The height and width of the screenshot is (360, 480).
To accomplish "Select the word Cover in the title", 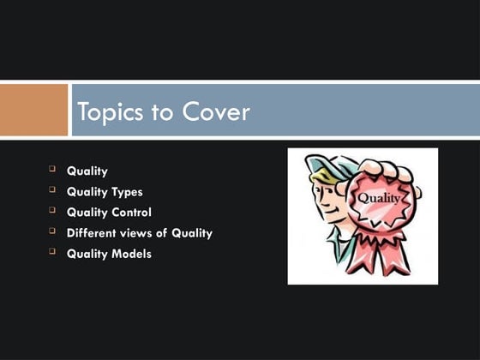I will pyautogui.click(x=217, y=112).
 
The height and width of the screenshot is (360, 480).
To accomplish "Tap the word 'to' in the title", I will pyautogui.click(x=164, y=113).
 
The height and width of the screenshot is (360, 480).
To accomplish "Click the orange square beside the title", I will pyautogui.click(x=33, y=109).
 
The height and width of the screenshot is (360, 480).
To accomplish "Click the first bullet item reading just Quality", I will pyautogui.click(x=87, y=171).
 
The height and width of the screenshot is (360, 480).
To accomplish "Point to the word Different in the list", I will pyautogui.click(x=95, y=233).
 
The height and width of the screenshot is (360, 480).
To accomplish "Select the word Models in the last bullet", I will pyautogui.click(x=130, y=254).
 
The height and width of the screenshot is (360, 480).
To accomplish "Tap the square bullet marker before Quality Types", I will pyautogui.click(x=52, y=190).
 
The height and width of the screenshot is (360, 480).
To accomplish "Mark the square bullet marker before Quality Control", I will pyautogui.click(x=52, y=211).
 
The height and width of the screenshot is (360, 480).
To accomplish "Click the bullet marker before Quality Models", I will pyautogui.click(x=52, y=252).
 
